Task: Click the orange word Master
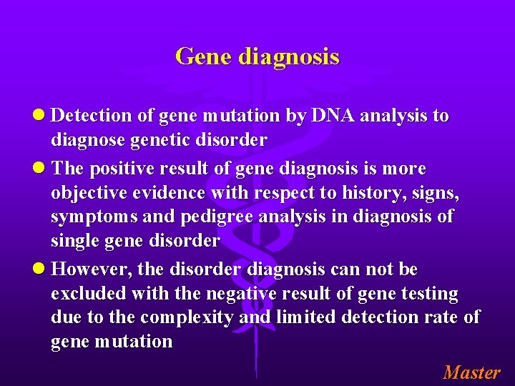pyautogui.click(x=471, y=372)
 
